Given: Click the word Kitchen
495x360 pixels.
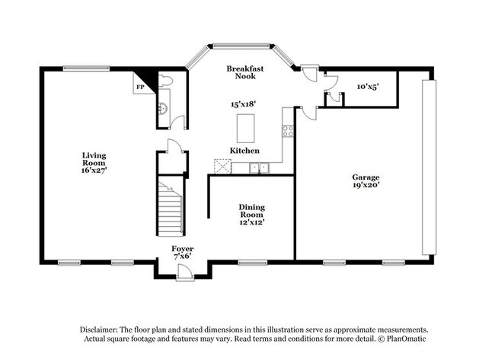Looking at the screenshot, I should [x=244, y=151].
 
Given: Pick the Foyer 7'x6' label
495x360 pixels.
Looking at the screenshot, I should [x=182, y=253].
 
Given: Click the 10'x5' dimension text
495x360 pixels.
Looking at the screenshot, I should [x=367, y=87].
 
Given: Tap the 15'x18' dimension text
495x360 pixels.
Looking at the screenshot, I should [x=244, y=104].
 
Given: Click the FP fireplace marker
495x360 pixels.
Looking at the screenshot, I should [x=139, y=88].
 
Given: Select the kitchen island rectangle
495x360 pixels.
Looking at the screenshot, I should [x=245, y=128].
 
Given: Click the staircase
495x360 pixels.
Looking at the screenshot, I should [x=171, y=206].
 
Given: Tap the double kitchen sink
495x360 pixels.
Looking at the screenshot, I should [x=261, y=167].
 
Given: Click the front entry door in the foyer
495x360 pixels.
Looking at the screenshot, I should [x=185, y=274].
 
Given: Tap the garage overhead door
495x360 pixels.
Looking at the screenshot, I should [x=431, y=166].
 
